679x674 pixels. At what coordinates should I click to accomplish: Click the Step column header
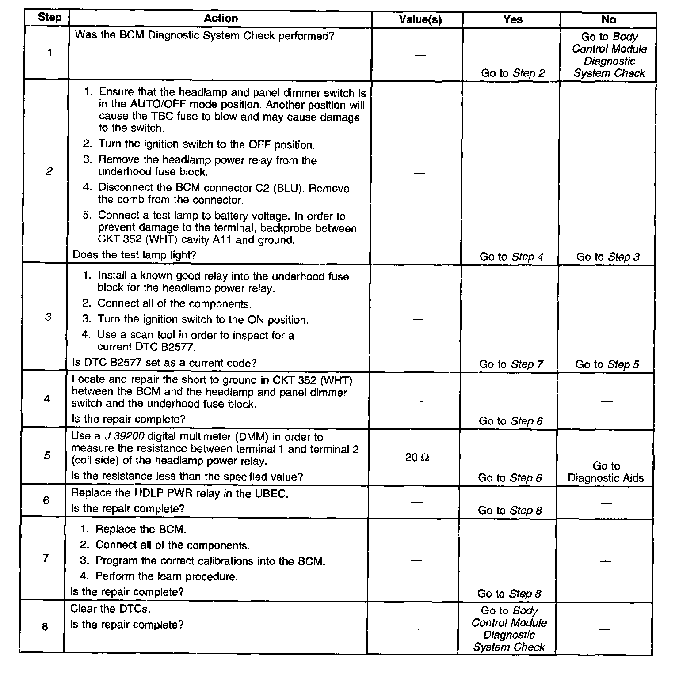point(50,18)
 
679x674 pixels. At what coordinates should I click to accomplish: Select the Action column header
point(221,19)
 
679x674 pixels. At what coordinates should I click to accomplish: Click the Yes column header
point(512,20)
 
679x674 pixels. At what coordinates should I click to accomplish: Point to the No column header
point(608,20)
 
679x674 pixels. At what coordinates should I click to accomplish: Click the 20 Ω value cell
point(417,458)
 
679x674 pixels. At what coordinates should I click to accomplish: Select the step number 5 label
point(47,455)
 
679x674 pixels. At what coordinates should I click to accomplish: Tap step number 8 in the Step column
point(45,626)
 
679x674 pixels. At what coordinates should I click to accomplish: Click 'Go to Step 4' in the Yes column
point(511,257)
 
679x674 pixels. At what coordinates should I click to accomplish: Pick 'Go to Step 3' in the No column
point(607,257)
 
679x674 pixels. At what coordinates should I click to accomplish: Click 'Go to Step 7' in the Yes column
point(511,364)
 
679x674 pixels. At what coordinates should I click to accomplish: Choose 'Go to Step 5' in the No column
point(607,364)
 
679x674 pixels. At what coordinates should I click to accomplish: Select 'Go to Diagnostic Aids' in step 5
point(606,472)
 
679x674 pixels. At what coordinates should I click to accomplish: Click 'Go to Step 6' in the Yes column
point(510,477)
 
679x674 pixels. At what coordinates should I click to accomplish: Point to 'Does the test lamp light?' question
point(134,255)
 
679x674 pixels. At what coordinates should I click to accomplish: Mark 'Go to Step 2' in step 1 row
point(513,73)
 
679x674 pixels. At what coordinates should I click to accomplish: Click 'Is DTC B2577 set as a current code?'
point(164,363)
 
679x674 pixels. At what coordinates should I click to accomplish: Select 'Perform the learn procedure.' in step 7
point(166,576)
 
